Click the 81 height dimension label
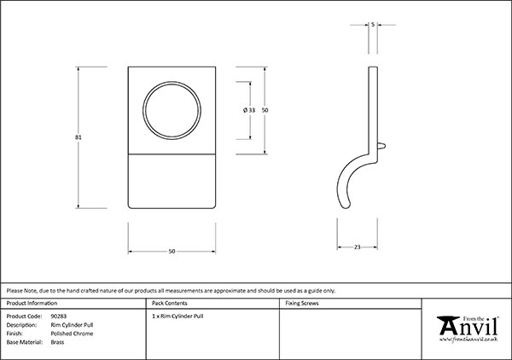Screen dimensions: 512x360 tap(78, 137)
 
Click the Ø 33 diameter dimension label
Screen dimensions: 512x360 tap(249, 110)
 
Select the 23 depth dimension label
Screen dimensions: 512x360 tap(358, 247)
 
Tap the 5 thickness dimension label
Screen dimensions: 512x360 tap(373, 25)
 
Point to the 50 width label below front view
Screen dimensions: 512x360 tap(172, 252)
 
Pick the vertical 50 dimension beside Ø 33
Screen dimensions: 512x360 tap(265, 110)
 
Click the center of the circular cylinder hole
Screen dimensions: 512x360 tap(172, 110)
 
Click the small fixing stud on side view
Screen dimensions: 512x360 tap(381, 146)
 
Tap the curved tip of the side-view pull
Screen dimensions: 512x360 tap(346, 205)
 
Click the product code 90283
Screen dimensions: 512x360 tap(58, 316)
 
